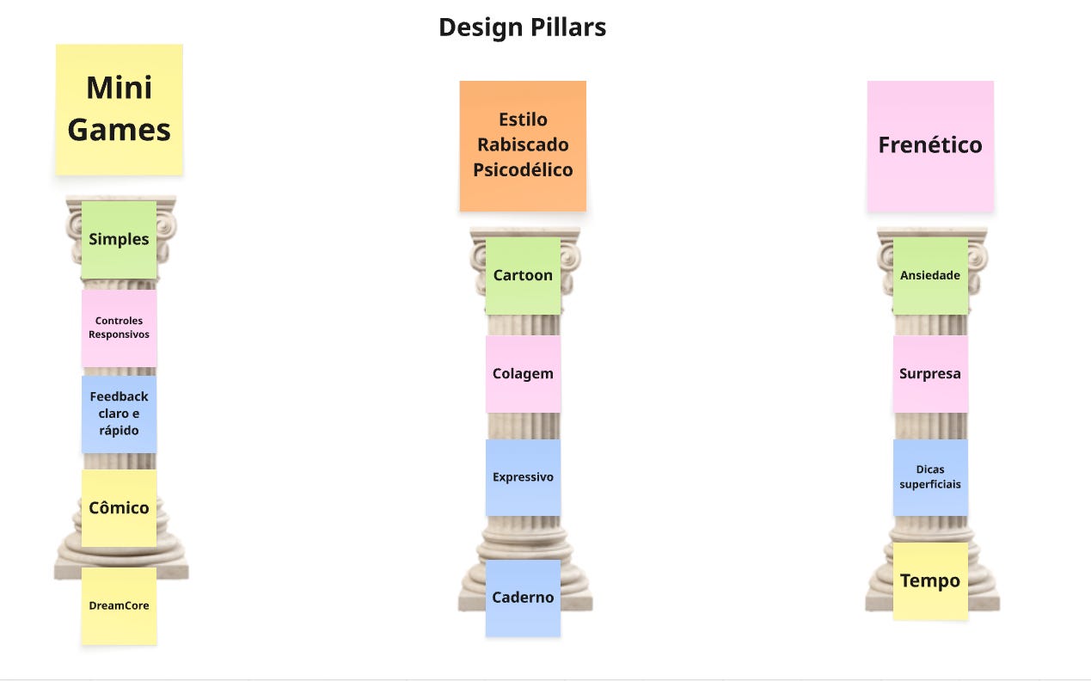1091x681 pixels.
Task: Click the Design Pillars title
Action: click(x=522, y=28)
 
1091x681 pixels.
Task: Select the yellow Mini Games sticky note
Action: click(x=120, y=109)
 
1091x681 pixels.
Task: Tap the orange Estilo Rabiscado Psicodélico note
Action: click(x=523, y=145)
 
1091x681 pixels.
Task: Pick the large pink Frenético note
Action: click(x=930, y=145)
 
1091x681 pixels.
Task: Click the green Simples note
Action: click(x=120, y=240)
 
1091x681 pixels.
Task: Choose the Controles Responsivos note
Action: click(x=120, y=328)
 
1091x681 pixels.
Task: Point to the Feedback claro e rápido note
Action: click(x=120, y=414)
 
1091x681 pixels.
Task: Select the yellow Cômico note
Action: click(x=120, y=508)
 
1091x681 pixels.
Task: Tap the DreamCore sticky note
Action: click(x=120, y=605)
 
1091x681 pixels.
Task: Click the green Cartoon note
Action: click(x=523, y=276)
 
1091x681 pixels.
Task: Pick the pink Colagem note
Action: click(x=523, y=374)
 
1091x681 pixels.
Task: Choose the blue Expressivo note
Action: click(x=523, y=477)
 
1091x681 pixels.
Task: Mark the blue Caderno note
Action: click(x=523, y=598)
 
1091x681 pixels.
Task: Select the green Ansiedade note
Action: click(x=930, y=276)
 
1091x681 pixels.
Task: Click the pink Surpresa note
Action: click(x=930, y=374)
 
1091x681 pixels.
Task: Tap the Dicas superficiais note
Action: click(x=930, y=477)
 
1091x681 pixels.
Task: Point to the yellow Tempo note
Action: click(x=930, y=581)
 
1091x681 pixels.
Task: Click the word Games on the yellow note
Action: click(x=120, y=131)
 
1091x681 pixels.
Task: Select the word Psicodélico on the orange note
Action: click(x=523, y=169)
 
